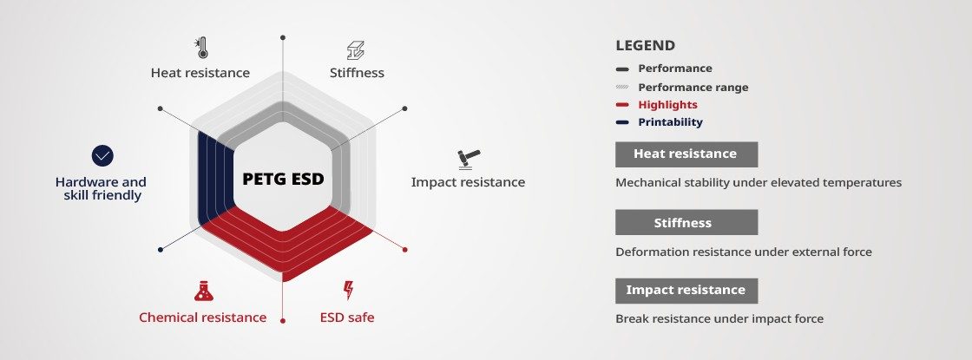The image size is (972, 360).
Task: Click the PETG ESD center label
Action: pyautogui.click(x=283, y=179)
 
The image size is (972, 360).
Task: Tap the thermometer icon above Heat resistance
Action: pyautogui.click(x=200, y=48)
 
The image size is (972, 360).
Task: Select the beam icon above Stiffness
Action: pyautogui.click(x=356, y=50)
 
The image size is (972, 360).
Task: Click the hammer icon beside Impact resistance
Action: pyautogui.click(x=469, y=160)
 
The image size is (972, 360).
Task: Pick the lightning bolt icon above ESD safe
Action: pyautogui.click(x=348, y=290)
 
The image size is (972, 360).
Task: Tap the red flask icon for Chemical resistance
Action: pyautogui.click(x=203, y=291)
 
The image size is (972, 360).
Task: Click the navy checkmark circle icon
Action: pyautogui.click(x=102, y=155)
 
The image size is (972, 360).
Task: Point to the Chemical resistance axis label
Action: pyautogui.click(x=203, y=317)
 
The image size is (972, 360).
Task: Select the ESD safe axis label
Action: pyautogui.click(x=347, y=317)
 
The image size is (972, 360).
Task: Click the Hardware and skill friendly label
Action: pyautogui.click(x=101, y=188)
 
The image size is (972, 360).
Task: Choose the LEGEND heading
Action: pyautogui.click(x=646, y=45)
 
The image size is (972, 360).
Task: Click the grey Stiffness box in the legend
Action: pyautogui.click(x=686, y=222)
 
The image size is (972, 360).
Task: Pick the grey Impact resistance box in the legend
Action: pyautogui.click(x=686, y=291)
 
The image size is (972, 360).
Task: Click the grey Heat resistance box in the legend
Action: pyautogui.click(x=686, y=154)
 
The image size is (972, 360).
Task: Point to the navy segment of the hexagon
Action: pyautogui.click(x=213, y=180)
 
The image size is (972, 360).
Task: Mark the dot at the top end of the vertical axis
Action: pyautogui.click(x=283, y=38)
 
